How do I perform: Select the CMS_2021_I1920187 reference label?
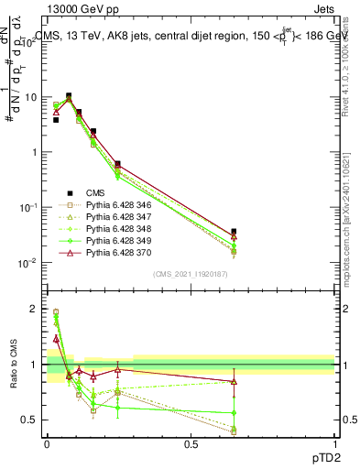(x=190, y=274)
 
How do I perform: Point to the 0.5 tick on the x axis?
(x=191, y=443)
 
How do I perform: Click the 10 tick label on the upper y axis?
(x=30, y=97)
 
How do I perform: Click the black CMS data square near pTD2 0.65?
(x=234, y=232)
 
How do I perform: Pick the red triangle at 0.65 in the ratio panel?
(x=234, y=381)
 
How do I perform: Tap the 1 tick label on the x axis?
(x=335, y=443)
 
